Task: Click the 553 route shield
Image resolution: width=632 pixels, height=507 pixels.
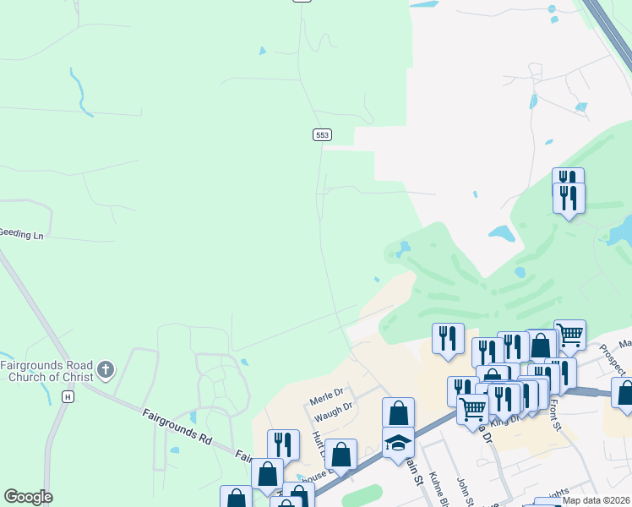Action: pyautogui.click(x=321, y=134)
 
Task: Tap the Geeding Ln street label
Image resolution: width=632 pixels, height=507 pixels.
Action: pyautogui.click(x=21, y=233)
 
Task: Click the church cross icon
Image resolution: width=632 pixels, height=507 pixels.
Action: pyautogui.click(x=105, y=369)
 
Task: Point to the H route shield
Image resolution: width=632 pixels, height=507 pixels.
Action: pyautogui.click(x=68, y=396)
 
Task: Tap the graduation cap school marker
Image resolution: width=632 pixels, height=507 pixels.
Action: pyautogui.click(x=398, y=443)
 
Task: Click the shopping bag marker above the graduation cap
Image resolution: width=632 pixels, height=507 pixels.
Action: pyautogui.click(x=398, y=413)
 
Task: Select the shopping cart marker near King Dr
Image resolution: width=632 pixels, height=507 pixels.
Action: pyautogui.click(x=472, y=408)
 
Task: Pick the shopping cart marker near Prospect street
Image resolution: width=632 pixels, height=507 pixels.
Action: pyautogui.click(x=569, y=335)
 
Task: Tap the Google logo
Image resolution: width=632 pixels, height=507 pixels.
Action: pyautogui.click(x=28, y=497)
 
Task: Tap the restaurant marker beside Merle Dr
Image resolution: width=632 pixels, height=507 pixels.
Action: pyautogui.click(x=283, y=444)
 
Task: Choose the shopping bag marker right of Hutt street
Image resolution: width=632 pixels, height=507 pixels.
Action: pyautogui.click(x=341, y=455)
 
